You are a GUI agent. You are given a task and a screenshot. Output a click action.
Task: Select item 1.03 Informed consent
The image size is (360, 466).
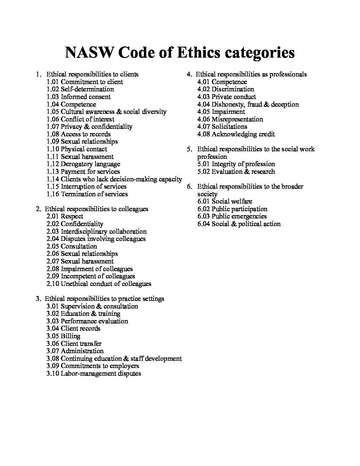tap(79, 97)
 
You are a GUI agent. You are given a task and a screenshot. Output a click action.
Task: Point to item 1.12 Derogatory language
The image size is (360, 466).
tap(83, 164)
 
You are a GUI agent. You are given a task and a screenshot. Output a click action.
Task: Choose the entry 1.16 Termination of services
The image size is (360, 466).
tap(87, 194)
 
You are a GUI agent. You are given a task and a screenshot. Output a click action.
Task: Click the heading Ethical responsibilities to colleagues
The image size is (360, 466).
tap(96, 209)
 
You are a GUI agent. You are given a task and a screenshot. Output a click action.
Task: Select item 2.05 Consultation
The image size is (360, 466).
tap(72, 247)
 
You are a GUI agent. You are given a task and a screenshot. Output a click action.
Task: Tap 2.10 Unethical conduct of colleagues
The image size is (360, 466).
tap(99, 284)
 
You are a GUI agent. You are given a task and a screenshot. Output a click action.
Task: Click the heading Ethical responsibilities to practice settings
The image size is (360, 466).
tap(104, 299)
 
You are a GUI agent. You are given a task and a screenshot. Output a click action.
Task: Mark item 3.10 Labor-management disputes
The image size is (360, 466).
tap(94, 374)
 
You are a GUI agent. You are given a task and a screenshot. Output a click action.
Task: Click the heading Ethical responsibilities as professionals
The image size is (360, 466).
tap(251, 74)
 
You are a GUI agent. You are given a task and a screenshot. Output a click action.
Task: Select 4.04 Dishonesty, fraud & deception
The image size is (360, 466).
tap(248, 105)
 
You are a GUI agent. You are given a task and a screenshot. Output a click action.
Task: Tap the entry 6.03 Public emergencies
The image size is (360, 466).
tap(232, 216)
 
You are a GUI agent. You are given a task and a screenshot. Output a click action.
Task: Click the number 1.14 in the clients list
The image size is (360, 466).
tap(53, 179)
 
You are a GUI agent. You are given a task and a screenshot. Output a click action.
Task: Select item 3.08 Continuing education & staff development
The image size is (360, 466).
tap(114, 359)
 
